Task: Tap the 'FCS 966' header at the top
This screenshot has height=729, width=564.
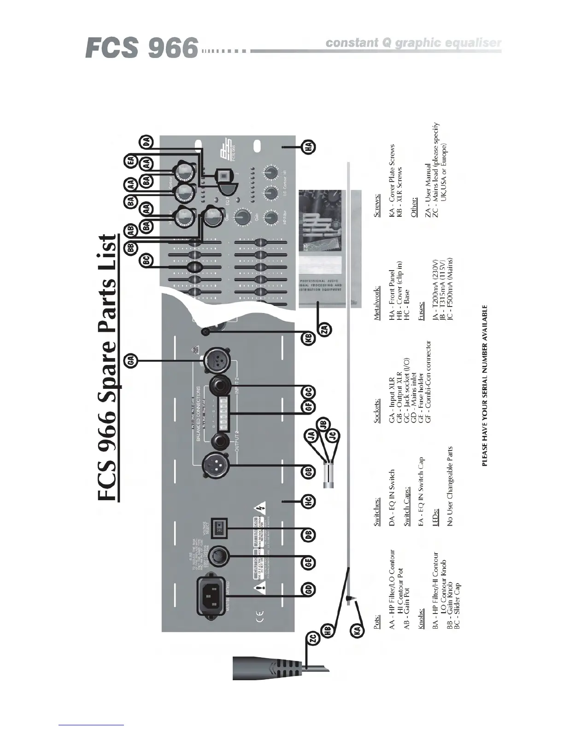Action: [141, 48]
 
